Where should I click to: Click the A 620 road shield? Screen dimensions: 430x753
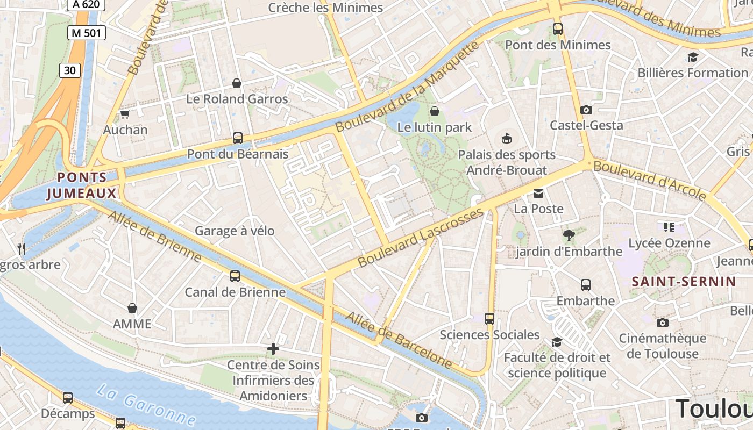tap(86, 5)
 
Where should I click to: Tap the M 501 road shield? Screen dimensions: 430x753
tap(87, 33)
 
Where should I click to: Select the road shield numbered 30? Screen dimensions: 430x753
tap(69, 70)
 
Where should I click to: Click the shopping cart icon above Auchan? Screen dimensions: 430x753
tap(125, 114)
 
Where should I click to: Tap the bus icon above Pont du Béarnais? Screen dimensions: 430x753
tap(238, 138)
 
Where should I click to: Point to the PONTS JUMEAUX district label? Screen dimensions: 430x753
tap(82, 185)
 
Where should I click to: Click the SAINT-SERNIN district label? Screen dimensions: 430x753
tap(684, 281)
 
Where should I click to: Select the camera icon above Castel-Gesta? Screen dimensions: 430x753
tap(586, 110)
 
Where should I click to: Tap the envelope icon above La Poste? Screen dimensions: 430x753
tap(538, 193)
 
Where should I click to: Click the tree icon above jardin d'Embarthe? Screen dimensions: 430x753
tap(569, 235)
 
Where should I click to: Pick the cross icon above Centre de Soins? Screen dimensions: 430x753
tap(273, 349)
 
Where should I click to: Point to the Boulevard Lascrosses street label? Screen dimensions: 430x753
tap(421, 238)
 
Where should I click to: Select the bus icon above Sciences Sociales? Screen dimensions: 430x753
tap(489, 319)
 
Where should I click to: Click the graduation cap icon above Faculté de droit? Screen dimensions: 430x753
tap(557, 342)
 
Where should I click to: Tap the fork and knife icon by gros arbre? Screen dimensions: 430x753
tap(22, 248)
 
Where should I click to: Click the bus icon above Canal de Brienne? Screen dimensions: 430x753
tap(235, 276)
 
